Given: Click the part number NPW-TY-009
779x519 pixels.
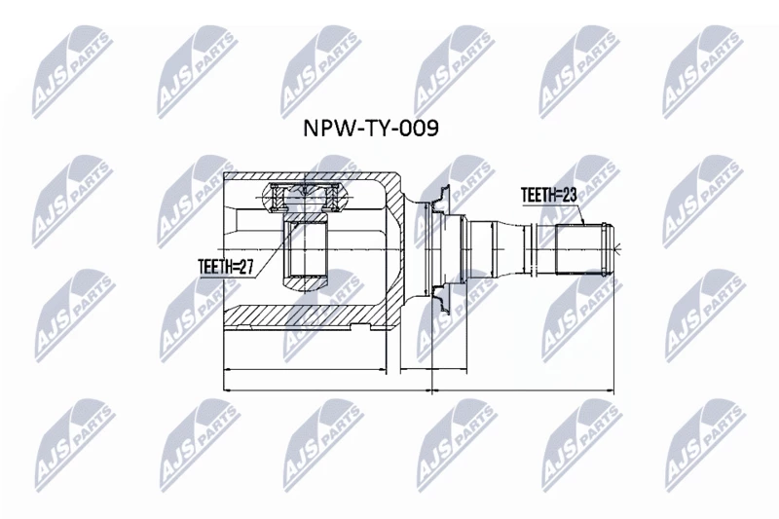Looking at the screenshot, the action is click(371, 129).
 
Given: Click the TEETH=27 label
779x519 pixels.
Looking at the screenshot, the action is click(226, 267).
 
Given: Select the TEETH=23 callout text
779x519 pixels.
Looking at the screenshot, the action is click(548, 195).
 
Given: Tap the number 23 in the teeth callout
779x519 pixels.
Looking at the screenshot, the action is click(569, 195).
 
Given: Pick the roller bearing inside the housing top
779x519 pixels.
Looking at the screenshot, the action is click(306, 197).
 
